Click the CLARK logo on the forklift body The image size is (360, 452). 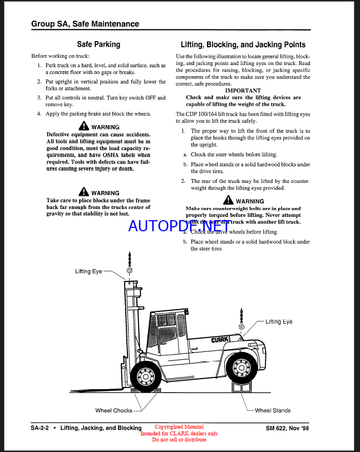point(220,340)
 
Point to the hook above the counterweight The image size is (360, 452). point(241,327)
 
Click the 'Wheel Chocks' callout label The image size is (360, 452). point(114,410)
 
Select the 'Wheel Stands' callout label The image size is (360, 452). point(273,410)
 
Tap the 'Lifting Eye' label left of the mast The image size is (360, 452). point(89,271)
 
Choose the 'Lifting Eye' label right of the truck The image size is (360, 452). point(279,321)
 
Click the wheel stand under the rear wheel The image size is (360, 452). point(243,390)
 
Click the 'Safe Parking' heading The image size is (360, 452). point(98,44)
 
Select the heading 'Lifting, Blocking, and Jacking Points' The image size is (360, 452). point(243,44)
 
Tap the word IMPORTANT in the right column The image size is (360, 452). point(243,90)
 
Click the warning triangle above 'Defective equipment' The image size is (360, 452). point(83,126)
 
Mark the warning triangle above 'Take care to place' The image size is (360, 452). point(83,192)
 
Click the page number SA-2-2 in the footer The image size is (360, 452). point(42,428)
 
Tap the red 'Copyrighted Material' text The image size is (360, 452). point(179,427)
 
